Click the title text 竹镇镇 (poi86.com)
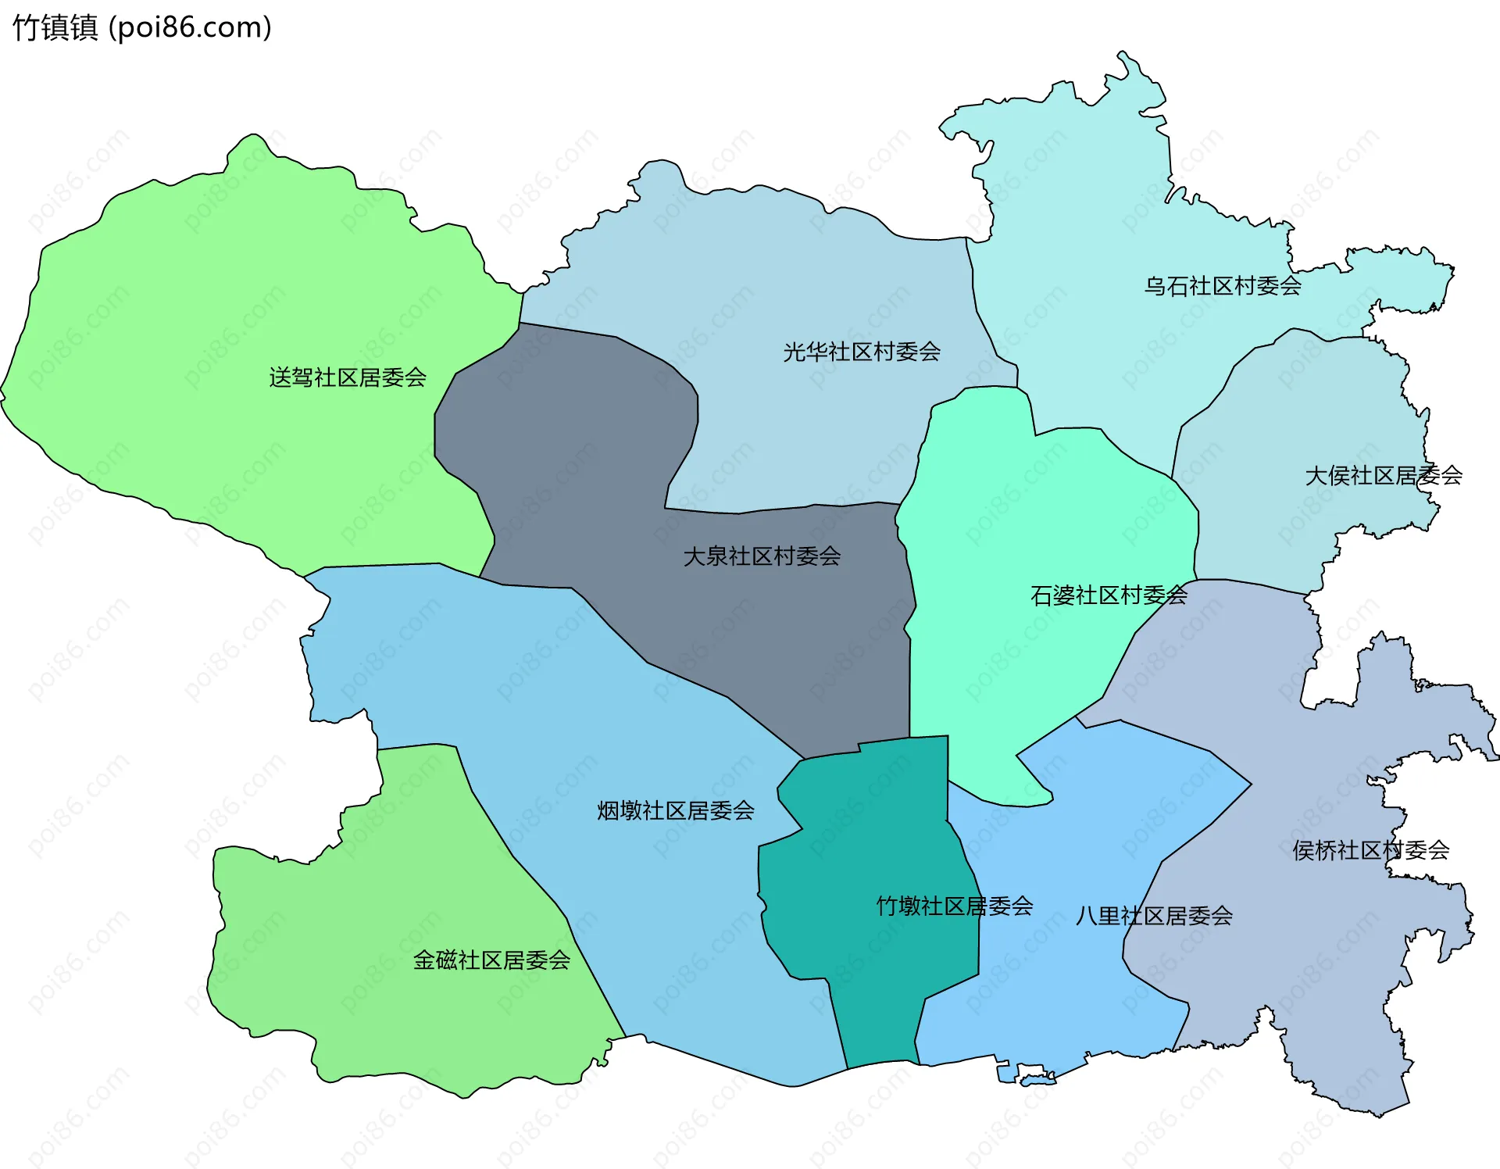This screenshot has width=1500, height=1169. [142, 27]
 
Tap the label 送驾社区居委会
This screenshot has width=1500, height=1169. [348, 377]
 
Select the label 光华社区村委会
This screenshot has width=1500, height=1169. [862, 352]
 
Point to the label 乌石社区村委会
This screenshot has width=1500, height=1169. [1223, 286]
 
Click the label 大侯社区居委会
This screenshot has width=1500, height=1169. [1384, 475]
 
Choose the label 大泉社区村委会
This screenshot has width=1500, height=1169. [762, 556]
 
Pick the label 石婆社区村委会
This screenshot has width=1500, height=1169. [1109, 595]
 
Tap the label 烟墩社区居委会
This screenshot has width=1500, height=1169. [676, 810]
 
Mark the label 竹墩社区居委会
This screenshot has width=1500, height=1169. [955, 906]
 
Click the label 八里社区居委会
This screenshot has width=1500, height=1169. [1154, 916]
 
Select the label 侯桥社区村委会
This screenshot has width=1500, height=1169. [1371, 850]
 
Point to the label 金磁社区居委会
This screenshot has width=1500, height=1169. [491, 960]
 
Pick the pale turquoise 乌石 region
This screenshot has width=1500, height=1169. [1094, 195]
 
